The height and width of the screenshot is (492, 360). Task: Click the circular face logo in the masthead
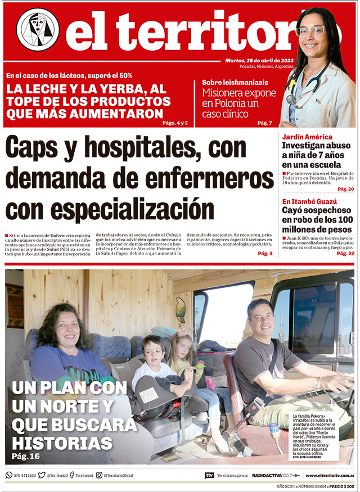click(x=38, y=29)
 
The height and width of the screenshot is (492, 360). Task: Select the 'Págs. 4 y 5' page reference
click(x=174, y=123)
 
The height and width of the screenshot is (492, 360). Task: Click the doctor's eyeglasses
click(x=311, y=31)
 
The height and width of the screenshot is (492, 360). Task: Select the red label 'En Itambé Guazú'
click(x=309, y=201)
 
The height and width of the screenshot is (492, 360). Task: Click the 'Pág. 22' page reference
click(x=345, y=254)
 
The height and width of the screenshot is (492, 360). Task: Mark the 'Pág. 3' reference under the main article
click(x=265, y=254)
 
